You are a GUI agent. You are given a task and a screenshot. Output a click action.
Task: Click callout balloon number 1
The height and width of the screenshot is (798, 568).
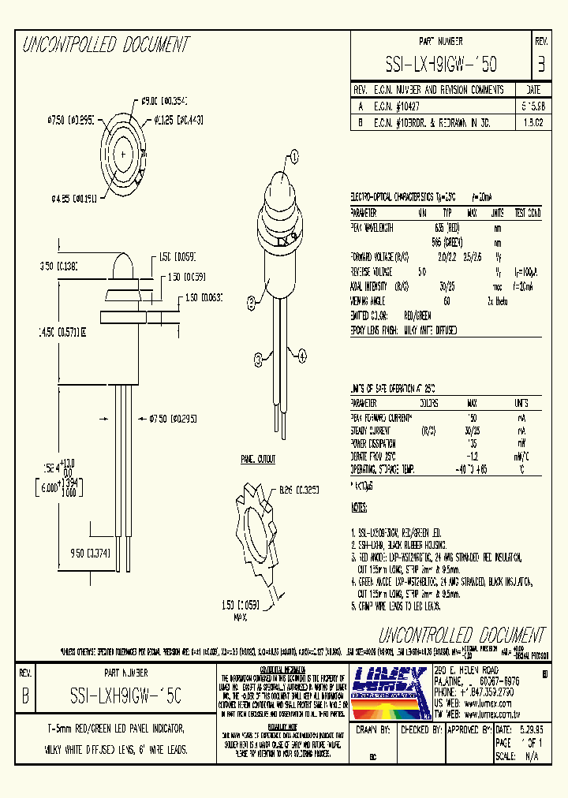[x=294, y=157]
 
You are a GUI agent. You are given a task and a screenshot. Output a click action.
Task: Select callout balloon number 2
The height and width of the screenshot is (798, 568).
[x=251, y=300]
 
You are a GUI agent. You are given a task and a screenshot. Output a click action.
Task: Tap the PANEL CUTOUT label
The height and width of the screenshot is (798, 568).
[x=258, y=457]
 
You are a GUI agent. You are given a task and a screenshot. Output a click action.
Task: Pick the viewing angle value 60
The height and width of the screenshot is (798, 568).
[x=447, y=300]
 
